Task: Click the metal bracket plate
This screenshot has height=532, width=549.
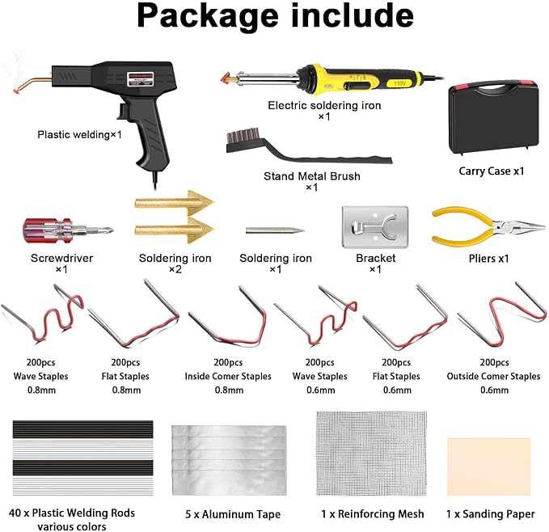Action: click(x=375, y=227)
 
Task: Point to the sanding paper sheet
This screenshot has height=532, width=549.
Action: click(x=489, y=467)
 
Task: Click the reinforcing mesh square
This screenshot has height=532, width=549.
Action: click(x=371, y=454)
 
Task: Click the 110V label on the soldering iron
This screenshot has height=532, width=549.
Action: click(x=399, y=83)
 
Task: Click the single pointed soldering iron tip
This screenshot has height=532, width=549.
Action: click(x=275, y=230)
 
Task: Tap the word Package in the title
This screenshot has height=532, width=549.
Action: click(x=208, y=16)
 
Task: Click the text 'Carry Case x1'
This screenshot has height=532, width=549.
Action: click(x=492, y=171)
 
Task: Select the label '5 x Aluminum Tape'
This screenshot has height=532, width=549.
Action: click(x=233, y=514)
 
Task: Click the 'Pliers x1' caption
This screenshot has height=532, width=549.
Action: click(x=489, y=258)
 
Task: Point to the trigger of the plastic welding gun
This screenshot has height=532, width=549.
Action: click(x=123, y=112)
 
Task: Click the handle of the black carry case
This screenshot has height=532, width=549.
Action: click(x=493, y=87)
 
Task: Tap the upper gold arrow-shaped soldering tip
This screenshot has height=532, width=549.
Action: click(x=174, y=202)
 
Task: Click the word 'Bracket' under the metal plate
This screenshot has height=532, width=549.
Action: click(x=376, y=258)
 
